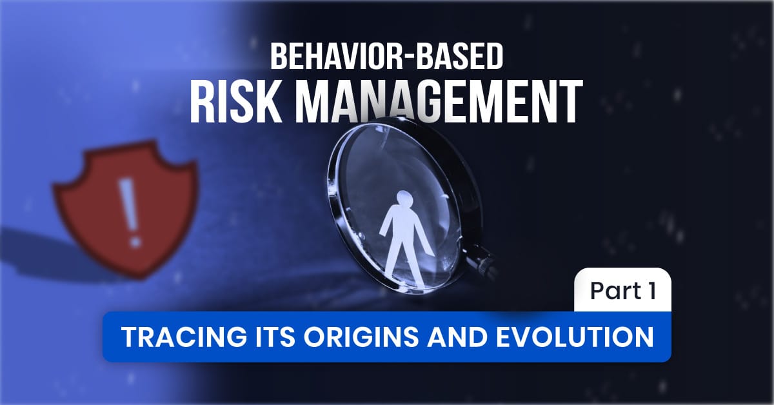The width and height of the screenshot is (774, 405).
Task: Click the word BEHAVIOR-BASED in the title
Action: click(386, 57)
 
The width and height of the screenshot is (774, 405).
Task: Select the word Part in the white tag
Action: click(612, 291)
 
